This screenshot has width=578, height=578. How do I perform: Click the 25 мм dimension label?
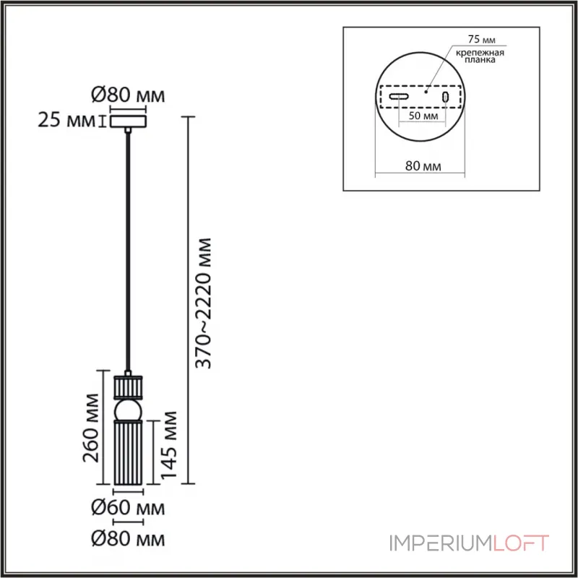tap(66, 120)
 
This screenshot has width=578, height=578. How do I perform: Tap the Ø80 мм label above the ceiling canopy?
tap(128, 95)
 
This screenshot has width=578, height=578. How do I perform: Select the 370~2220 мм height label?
tap(204, 303)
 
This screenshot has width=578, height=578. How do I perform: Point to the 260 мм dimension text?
tap(91, 428)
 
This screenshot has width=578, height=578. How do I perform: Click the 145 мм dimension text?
tap(169, 445)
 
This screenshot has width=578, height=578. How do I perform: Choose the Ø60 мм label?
tap(128, 508)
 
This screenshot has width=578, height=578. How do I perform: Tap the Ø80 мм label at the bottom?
tap(128, 539)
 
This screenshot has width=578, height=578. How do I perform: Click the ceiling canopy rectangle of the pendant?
tap(128, 121)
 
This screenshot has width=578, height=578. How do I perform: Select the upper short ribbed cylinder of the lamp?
tap(128, 387)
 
